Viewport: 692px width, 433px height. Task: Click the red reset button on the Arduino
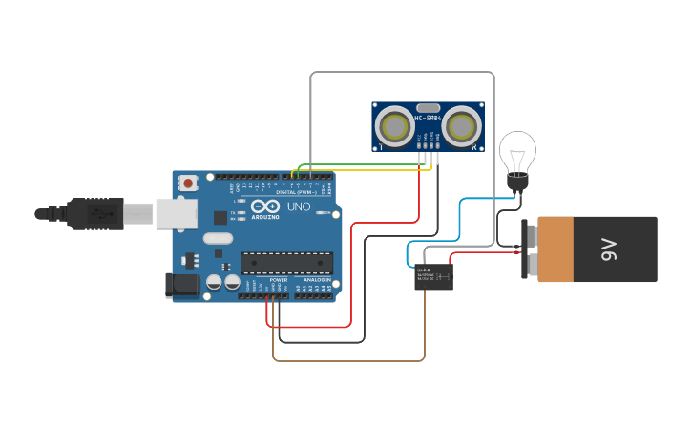189,182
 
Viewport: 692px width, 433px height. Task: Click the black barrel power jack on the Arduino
182,284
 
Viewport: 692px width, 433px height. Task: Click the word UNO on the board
299,206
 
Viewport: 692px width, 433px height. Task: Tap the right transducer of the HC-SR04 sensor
462,124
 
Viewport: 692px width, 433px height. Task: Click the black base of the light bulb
518,184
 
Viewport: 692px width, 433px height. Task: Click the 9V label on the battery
610,249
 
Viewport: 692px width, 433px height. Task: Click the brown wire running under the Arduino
348,361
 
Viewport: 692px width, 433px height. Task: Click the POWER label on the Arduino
278,280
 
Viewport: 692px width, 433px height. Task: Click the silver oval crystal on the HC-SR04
428,108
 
